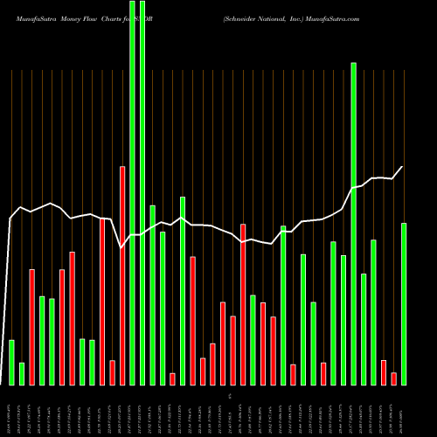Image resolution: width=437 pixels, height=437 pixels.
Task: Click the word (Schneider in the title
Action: pyautogui.click(x=241, y=17)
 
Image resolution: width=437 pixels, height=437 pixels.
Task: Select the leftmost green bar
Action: pyautogui.click(x=11, y=362)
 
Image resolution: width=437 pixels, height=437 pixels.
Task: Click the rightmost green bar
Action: pyautogui.click(x=404, y=304)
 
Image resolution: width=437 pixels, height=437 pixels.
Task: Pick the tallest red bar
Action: pyautogui.click(x=122, y=275)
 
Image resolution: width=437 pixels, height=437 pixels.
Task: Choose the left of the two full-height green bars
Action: pyautogui.click(x=132, y=192)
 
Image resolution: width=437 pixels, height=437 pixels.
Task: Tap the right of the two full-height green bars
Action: pyautogui.click(x=142, y=192)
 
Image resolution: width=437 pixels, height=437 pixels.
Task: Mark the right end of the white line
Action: pyautogui.click(x=403, y=166)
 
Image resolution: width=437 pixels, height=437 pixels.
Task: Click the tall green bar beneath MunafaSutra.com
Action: pyautogui.click(x=354, y=223)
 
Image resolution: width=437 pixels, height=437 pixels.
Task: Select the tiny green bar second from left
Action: pyautogui.click(x=22, y=374)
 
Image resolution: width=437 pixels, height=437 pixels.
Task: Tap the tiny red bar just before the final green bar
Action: pyautogui.click(x=394, y=378)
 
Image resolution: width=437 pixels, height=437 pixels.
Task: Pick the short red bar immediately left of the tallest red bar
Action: pyautogui.click(x=112, y=372)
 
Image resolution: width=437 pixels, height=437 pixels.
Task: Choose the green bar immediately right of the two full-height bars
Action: pyautogui.click(x=152, y=295)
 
